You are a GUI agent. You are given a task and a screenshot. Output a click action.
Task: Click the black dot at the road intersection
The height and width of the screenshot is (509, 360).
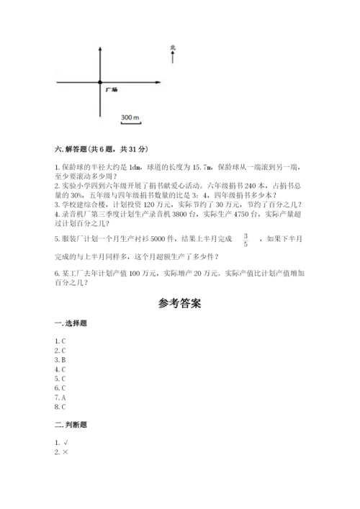100,83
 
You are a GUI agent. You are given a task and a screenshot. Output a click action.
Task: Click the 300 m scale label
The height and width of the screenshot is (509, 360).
130,117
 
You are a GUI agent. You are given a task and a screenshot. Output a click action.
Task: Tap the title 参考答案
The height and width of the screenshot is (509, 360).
180,303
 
